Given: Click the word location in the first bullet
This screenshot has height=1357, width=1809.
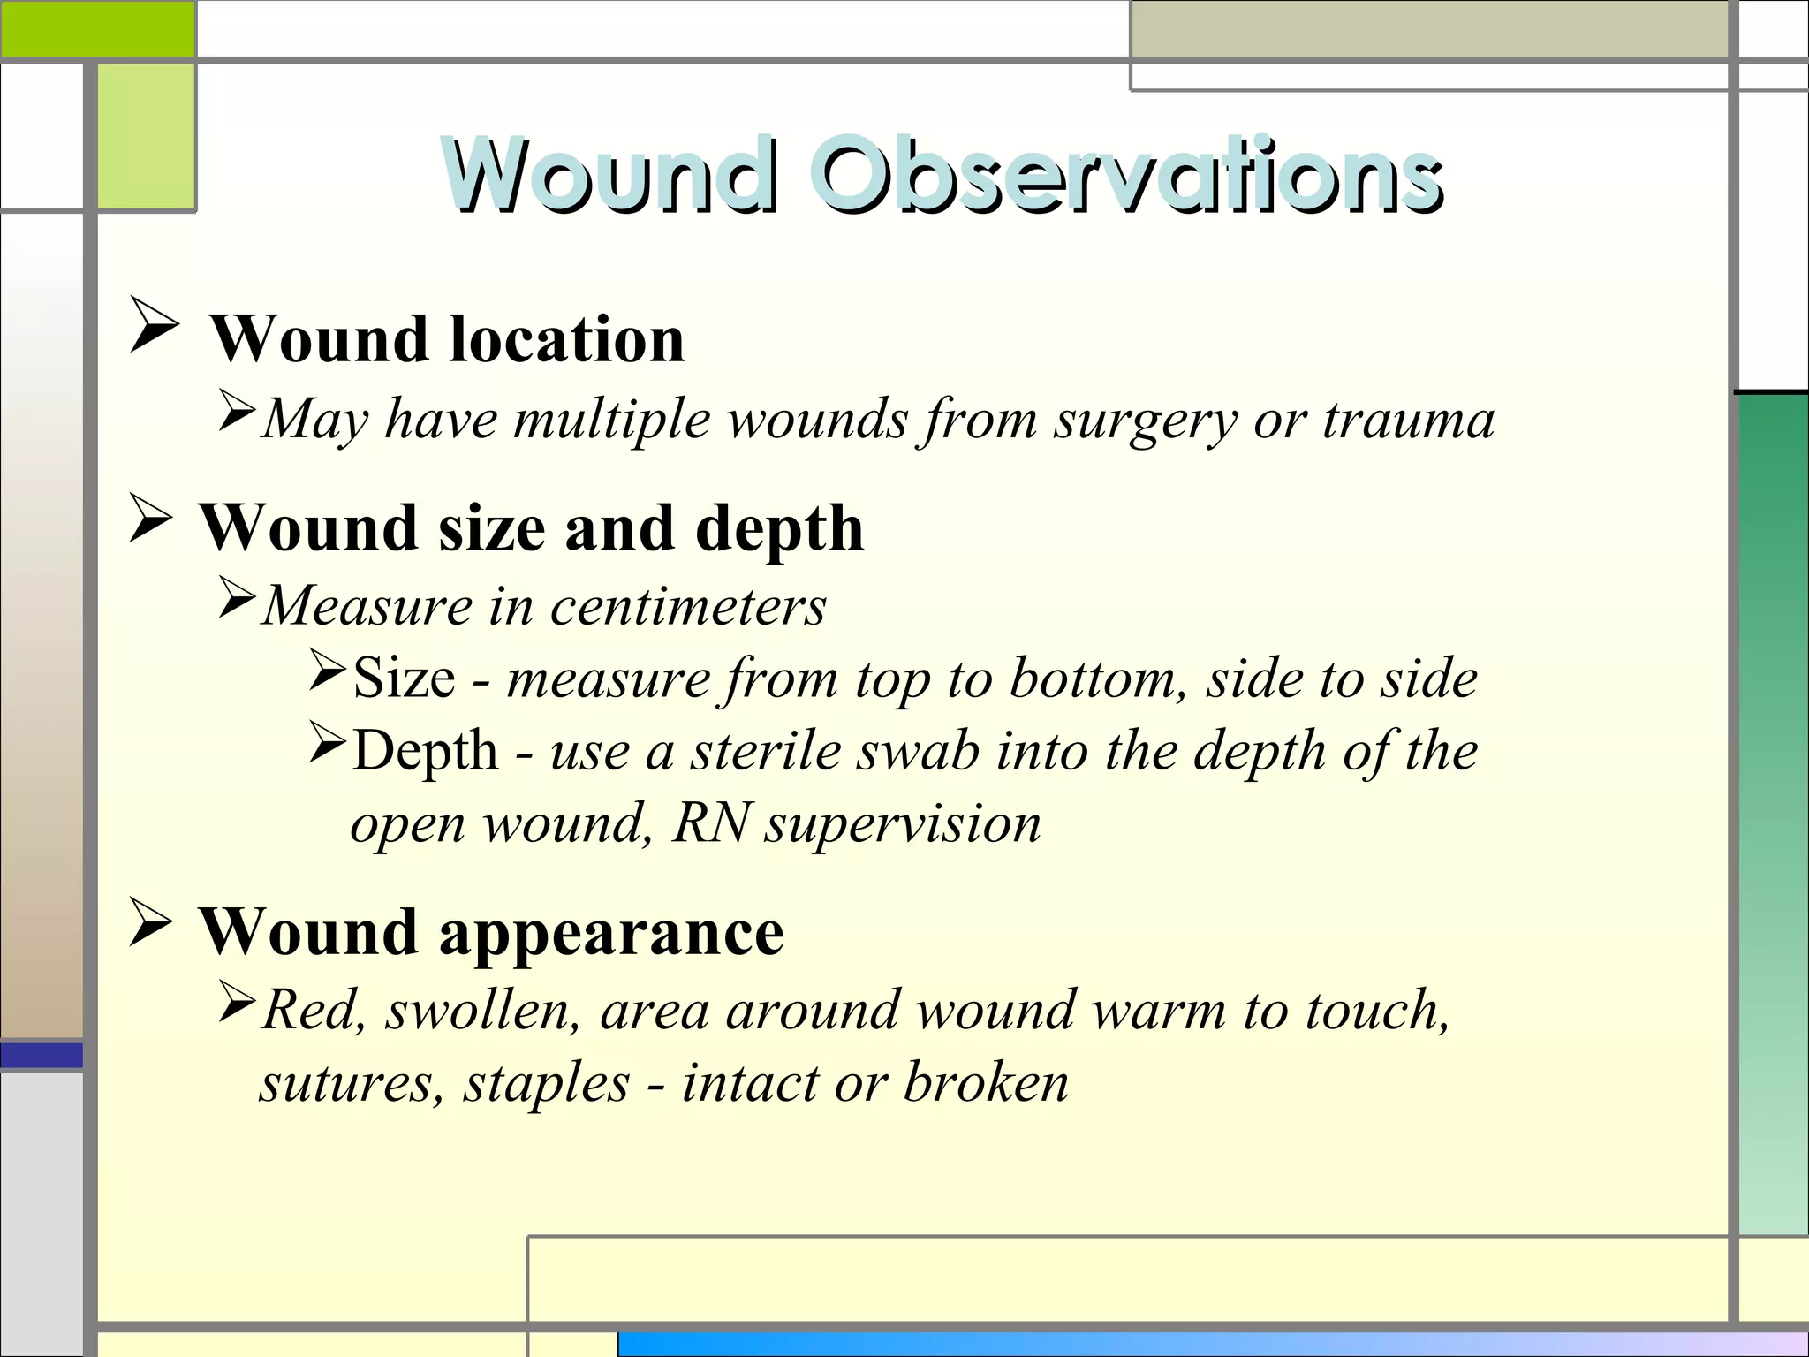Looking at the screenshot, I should point(567,339).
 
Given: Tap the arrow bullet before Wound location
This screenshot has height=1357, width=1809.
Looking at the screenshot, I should point(154,324).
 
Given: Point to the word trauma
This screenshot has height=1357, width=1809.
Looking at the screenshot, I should point(1408,420).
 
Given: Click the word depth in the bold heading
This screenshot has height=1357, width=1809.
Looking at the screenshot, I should point(779,528).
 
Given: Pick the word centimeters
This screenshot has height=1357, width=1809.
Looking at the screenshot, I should point(688,607).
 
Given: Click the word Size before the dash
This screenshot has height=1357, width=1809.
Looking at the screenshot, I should point(405,678).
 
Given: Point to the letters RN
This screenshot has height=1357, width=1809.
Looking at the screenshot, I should point(711,823).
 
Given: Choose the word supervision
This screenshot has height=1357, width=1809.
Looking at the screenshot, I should point(903,825).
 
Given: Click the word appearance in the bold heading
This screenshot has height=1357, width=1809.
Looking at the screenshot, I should point(610,933).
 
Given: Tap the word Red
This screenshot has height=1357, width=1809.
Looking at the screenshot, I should point(313,1010).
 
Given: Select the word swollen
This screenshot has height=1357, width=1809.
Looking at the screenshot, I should point(482,1010).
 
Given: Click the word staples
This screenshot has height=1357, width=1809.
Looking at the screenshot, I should point(547,1084).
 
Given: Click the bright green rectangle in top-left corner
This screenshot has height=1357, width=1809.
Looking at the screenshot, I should point(97,28).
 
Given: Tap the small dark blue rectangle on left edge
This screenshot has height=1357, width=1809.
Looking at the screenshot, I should point(42,1055).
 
